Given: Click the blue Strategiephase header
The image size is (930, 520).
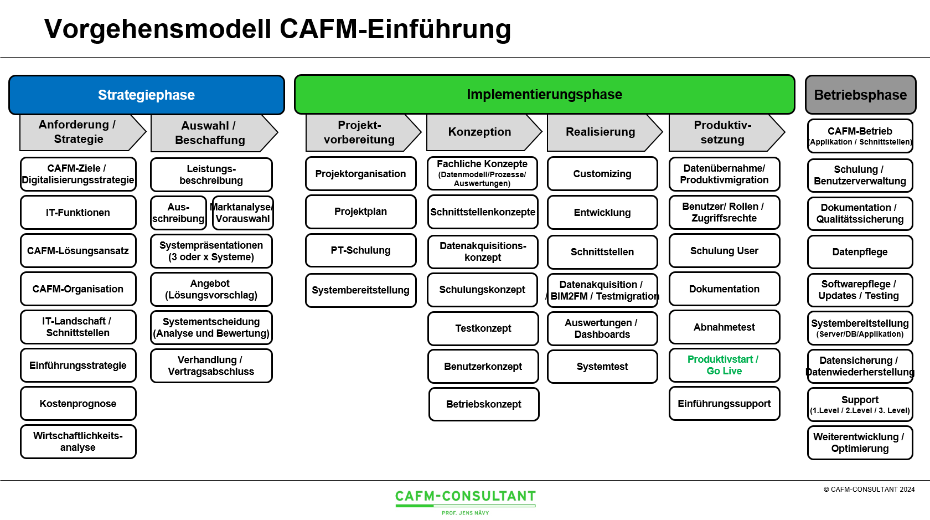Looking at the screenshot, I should tap(147, 95).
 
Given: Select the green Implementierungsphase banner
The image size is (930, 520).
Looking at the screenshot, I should tap(544, 94).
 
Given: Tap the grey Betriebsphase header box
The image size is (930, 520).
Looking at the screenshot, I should tap(860, 95).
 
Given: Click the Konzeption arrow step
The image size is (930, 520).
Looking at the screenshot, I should tap(480, 132).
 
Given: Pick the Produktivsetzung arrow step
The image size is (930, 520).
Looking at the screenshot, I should tap(722, 132).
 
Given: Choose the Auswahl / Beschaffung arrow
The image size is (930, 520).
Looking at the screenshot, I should tap(210, 133).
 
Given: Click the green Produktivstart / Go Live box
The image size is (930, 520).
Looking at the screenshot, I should tap(724, 365).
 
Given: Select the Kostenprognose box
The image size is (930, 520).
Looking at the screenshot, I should tap(78, 404).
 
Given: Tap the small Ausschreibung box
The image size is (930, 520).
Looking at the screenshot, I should tap(178, 213).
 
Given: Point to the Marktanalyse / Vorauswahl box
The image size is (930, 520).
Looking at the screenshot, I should tap(242, 213).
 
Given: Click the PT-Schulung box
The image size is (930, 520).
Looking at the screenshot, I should tap(360, 250).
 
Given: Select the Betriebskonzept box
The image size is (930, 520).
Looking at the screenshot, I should tap(483, 404).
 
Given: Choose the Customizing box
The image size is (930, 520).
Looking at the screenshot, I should tap(602, 174).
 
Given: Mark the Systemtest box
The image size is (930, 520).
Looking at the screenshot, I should tap(602, 367).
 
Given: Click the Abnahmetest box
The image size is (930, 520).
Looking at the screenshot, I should tap(724, 327).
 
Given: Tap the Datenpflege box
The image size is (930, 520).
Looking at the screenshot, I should tap(860, 252).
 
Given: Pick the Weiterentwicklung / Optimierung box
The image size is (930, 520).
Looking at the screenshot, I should tap(859, 442).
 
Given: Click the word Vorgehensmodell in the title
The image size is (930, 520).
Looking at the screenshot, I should tap(158, 29).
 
